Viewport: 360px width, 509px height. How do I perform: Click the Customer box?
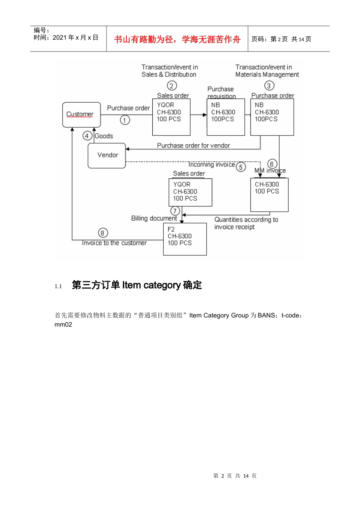81,114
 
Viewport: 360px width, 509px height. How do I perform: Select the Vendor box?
107,155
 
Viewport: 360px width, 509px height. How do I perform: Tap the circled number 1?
125,120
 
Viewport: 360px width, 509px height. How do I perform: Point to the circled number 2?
172,86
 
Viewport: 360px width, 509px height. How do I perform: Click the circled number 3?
269,86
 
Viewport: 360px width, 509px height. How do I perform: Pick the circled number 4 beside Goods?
87,136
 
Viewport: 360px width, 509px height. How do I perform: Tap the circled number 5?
241,167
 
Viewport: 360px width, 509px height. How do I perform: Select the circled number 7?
175,211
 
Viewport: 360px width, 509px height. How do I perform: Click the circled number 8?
103,233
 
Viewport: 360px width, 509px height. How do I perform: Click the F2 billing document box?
185,239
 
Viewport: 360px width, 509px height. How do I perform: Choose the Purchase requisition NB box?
225,117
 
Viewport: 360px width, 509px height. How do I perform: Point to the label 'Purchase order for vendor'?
193,145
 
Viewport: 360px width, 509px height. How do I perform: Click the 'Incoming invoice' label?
211,165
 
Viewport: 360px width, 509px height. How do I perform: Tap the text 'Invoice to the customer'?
114,243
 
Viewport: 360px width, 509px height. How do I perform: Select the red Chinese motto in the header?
177,39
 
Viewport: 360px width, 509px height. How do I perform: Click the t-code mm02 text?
63,325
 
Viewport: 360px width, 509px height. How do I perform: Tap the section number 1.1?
58,286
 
